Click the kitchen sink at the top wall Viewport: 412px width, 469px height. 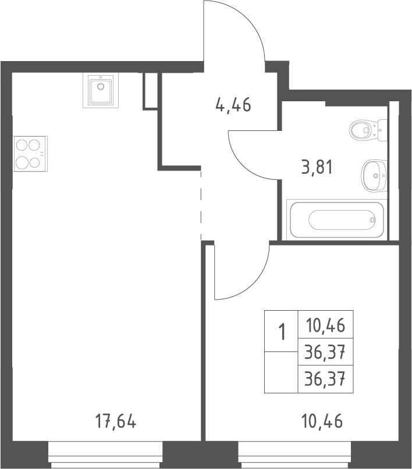[x=101, y=91]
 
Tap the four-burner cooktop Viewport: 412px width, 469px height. [x=30, y=154]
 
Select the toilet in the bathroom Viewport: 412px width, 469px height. [x=368, y=130]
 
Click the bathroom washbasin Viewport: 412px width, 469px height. [x=374, y=176]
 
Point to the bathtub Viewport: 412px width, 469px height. [x=337, y=219]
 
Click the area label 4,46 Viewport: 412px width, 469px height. [x=233, y=105]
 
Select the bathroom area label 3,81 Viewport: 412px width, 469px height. [x=317, y=167]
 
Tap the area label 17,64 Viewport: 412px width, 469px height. [x=116, y=421]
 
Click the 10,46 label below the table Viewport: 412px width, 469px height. [x=322, y=421]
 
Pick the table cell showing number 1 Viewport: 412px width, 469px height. [x=281, y=331]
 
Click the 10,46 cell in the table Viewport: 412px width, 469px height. [x=325, y=325]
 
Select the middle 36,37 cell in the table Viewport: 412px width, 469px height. [x=325, y=351]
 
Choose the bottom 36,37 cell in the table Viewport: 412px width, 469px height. [x=325, y=379]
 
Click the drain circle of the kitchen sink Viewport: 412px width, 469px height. [x=101, y=87]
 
